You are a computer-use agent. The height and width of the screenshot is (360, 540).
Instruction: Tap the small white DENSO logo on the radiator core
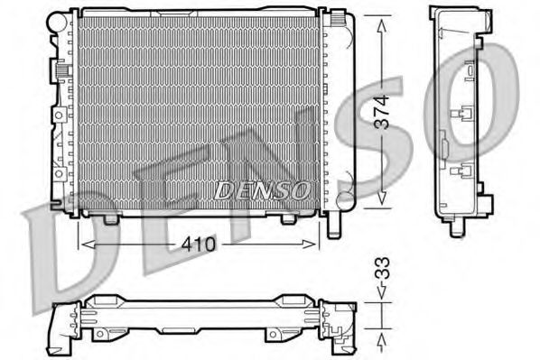pos(262,189)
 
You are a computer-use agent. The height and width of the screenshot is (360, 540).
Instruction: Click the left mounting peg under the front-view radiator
pos(111,218)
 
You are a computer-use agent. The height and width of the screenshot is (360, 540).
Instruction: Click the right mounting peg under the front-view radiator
pos(288,218)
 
